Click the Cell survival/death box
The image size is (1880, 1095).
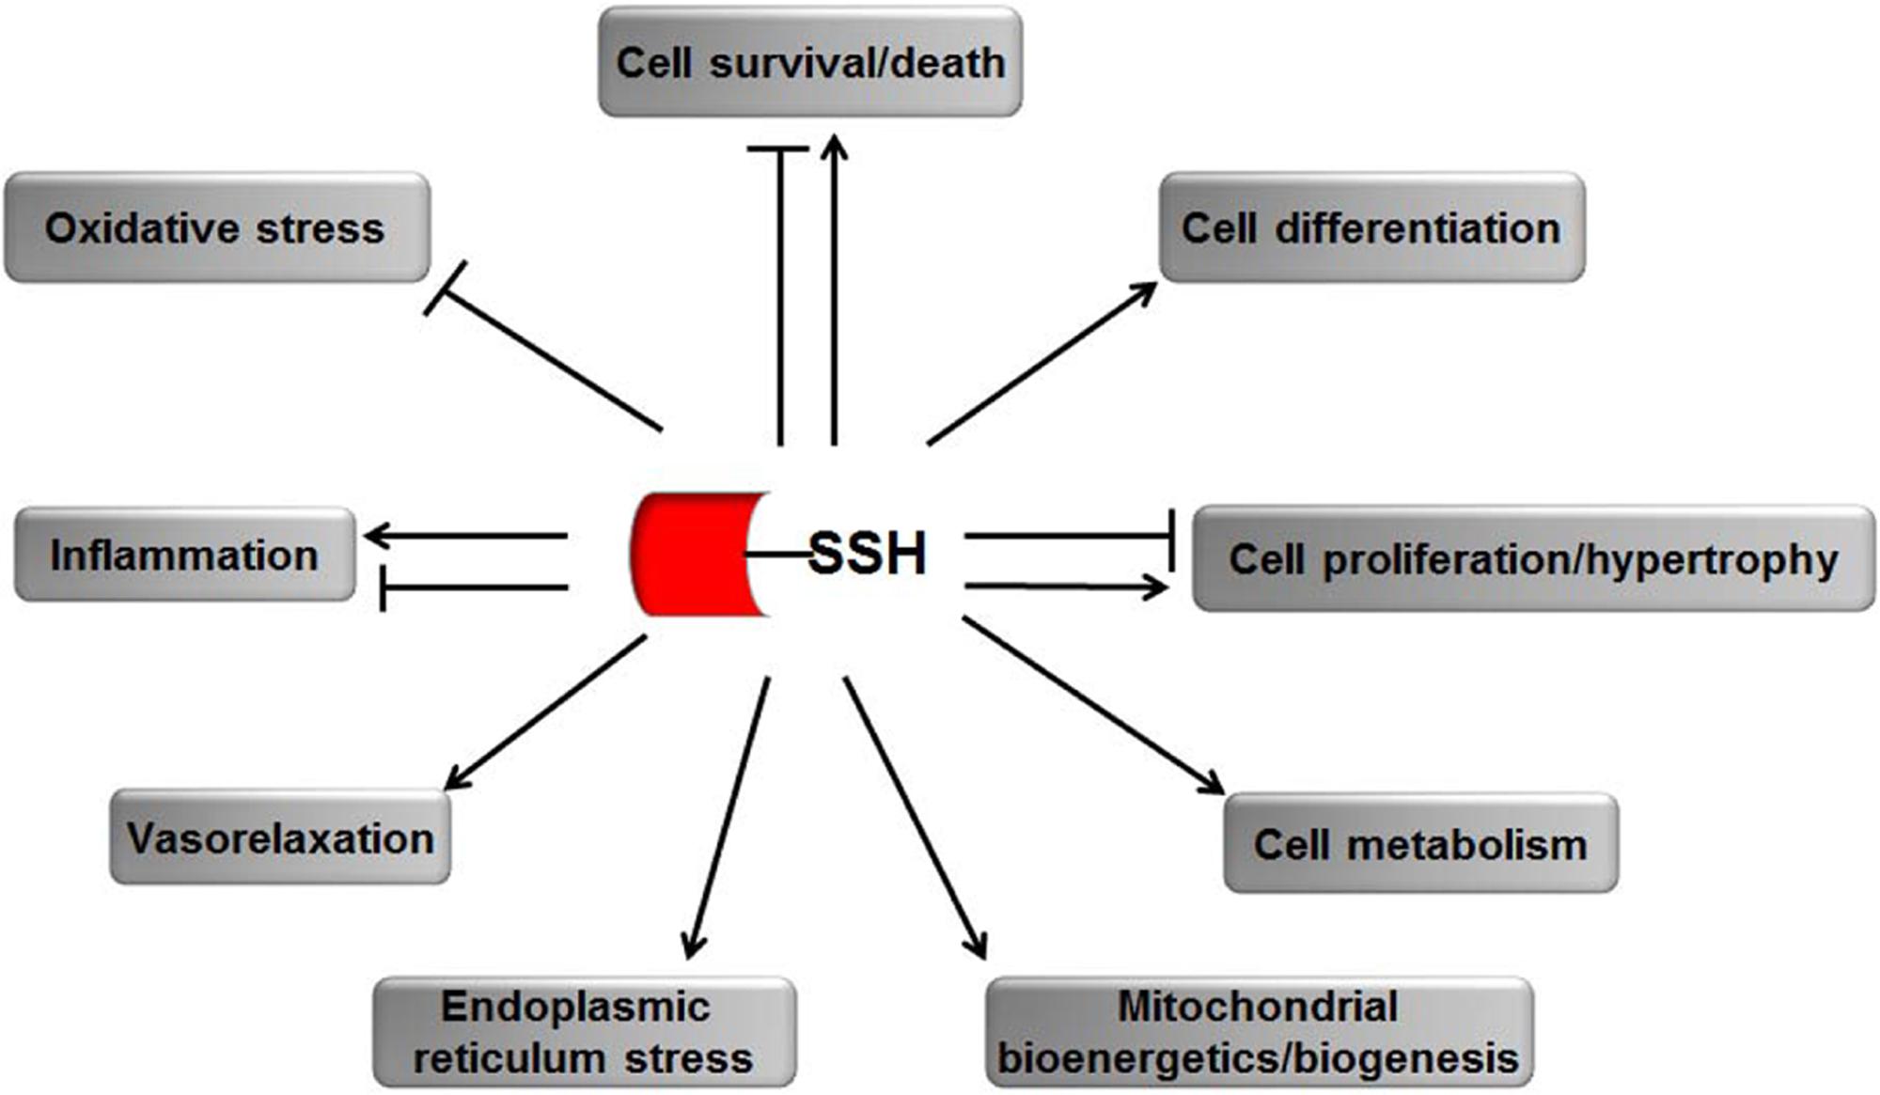[x=810, y=63]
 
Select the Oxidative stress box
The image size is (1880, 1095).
[x=217, y=228]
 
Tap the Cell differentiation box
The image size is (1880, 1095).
[x=1371, y=228]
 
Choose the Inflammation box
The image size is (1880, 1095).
[x=185, y=555]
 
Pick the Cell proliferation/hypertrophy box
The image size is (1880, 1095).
[x=1533, y=559]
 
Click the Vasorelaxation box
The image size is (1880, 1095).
[x=280, y=837]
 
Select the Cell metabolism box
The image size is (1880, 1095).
[x=1420, y=843]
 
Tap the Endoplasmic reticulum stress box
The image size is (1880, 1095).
[x=584, y=1032]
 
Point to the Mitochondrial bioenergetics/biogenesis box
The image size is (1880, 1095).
[x=1259, y=1032]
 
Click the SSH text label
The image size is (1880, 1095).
[x=868, y=554]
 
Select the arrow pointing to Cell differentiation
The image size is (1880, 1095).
[x=1042, y=363]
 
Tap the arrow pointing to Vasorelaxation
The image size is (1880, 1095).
[x=545, y=712]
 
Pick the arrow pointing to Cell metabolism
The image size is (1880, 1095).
[x=1092, y=705]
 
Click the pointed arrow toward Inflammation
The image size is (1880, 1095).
[x=466, y=536]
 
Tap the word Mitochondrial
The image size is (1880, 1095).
[x=1258, y=1008]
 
